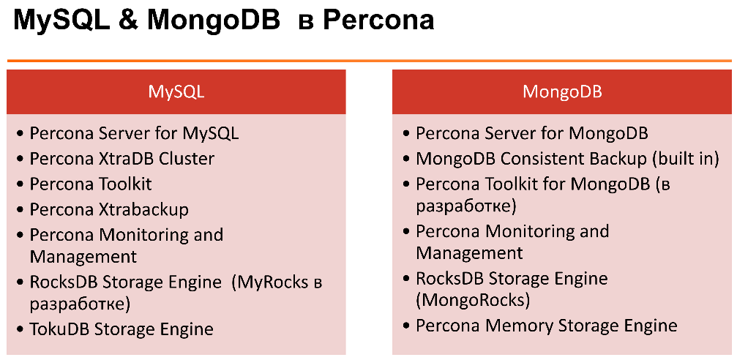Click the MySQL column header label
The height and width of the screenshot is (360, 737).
[176, 92]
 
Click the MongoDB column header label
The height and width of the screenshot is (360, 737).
[562, 92]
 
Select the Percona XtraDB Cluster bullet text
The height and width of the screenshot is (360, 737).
[121, 159]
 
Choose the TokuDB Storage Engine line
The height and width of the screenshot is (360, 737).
[121, 329]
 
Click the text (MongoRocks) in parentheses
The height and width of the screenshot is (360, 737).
[473, 300]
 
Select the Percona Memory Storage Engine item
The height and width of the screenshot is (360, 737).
[546, 326]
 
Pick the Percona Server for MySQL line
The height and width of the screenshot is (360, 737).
[134, 134]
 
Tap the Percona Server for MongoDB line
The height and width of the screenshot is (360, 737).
[531, 134]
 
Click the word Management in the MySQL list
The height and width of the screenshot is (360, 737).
[83, 257]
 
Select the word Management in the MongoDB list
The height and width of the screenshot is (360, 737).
[469, 253]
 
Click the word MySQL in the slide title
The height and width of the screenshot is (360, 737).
[56, 20]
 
